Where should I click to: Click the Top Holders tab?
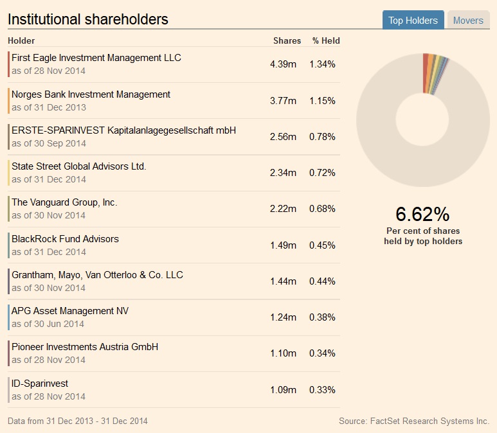[413, 21]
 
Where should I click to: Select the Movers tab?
[468, 21]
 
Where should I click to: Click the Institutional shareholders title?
[88, 19]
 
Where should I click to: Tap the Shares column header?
[287, 40]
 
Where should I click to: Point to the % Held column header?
[326, 40]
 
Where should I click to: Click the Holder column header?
[21, 40]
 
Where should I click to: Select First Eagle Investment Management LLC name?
[96, 58]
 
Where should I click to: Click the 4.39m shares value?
[283, 64]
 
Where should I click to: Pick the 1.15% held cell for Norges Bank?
[322, 101]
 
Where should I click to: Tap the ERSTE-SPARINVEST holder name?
[123, 130]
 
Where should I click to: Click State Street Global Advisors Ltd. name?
[79, 166]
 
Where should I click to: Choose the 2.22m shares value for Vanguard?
[283, 209]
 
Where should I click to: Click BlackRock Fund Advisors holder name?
[65, 239]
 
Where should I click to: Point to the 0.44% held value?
[322, 281]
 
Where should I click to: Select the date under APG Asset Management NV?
[48, 324]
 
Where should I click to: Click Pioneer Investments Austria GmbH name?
[85, 347]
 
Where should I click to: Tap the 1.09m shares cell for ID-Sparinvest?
[283, 390]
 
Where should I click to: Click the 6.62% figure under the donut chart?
[422, 214]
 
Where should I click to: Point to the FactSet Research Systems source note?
[414, 421]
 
